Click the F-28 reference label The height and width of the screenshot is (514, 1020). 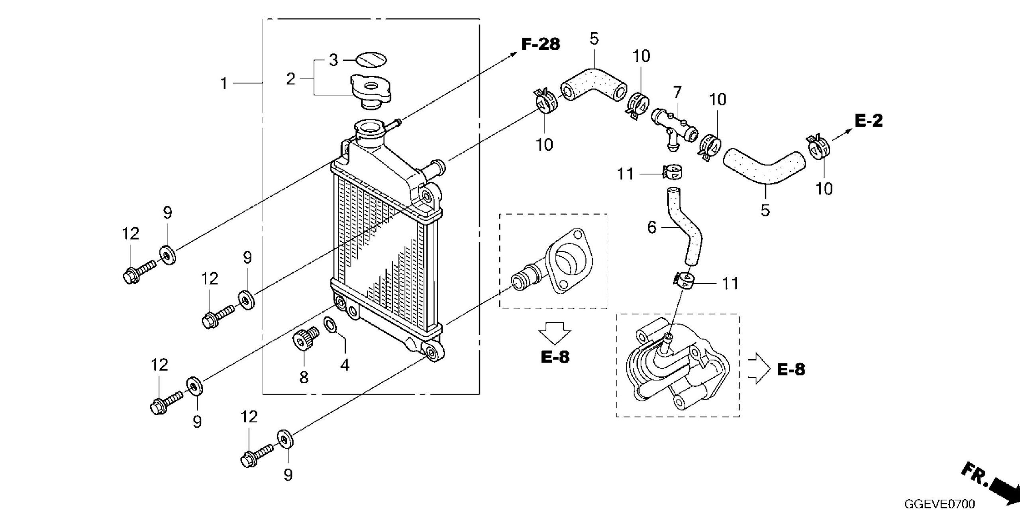pos(541,44)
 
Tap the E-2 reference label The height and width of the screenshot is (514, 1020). pos(869,121)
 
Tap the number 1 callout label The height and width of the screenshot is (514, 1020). pos(224,84)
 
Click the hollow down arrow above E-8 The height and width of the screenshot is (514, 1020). pos(554,332)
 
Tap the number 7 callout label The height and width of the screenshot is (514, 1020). pos(677,93)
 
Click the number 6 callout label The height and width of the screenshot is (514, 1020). pos(652,228)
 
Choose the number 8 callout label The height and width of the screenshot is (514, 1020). pos(304,377)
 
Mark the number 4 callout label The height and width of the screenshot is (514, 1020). pos(345,365)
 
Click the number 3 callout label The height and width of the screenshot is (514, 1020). pos(333,60)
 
